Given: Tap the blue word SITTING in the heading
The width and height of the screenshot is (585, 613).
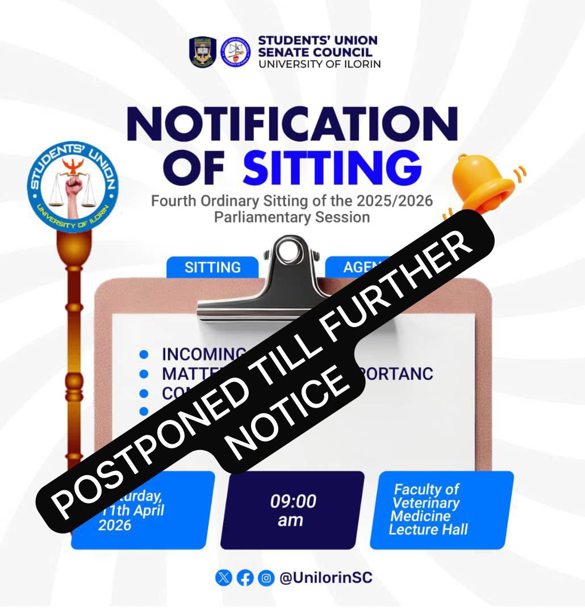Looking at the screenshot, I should coord(333,167).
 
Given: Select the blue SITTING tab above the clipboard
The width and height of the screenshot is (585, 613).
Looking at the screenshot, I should coord(212,267).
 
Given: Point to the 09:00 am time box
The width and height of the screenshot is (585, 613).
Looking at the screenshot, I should coord(292,510).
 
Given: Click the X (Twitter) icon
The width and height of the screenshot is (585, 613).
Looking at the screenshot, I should coord(224,578).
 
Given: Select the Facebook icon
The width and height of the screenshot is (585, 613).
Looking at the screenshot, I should coord(245,578).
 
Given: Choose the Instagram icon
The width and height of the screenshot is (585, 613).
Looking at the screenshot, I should coord(265,578).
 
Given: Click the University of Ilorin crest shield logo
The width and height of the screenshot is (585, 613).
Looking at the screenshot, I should coord(203,53).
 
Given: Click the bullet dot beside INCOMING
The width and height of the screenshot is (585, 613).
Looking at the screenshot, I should coord(144,354).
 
